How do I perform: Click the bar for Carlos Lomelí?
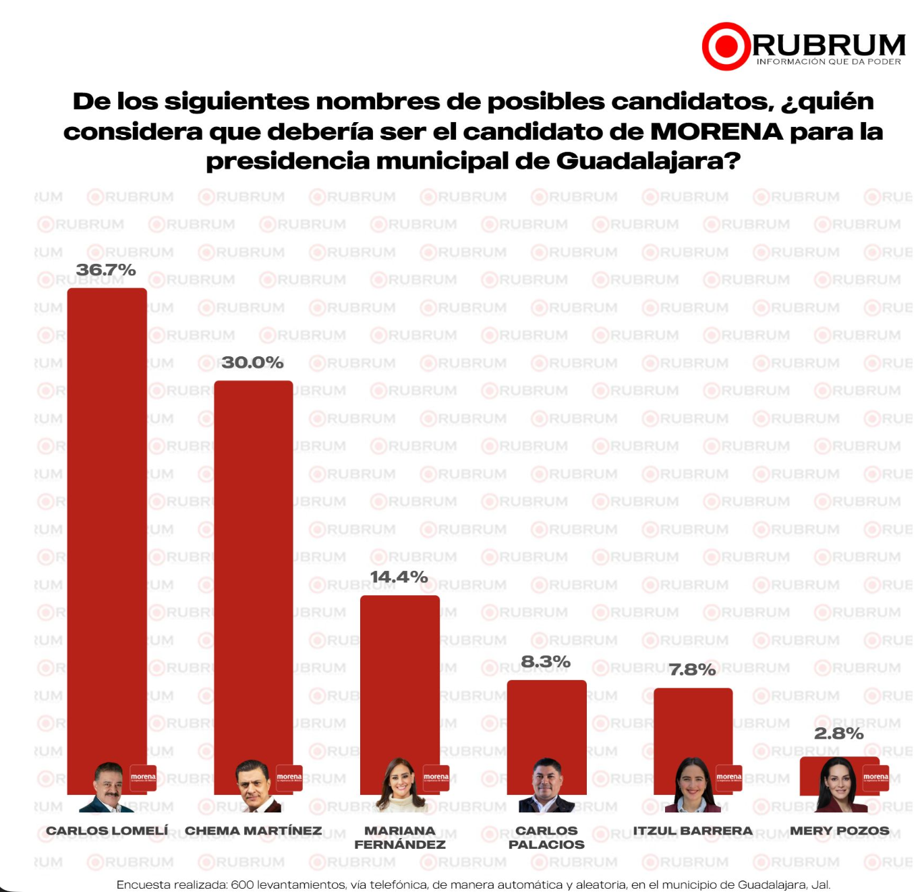[107, 526]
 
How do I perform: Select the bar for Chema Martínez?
[253, 574]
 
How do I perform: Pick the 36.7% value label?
[106, 270]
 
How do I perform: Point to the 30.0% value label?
[253, 362]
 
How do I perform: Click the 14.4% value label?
[399, 577]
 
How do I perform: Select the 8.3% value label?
[546, 662]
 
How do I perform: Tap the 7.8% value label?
[692, 669]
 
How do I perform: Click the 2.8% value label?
[838, 733]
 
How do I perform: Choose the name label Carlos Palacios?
[546, 837]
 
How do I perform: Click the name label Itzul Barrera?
[693, 831]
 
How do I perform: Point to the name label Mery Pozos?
[839, 831]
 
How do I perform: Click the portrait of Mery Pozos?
[840, 785]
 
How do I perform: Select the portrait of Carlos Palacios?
[546, 785]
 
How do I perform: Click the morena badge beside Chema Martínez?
[289, 777]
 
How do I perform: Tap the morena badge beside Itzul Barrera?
[728, 777]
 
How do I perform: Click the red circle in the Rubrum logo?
[726, 47]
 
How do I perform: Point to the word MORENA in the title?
[716, 132]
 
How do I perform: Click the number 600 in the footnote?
[242, 885]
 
